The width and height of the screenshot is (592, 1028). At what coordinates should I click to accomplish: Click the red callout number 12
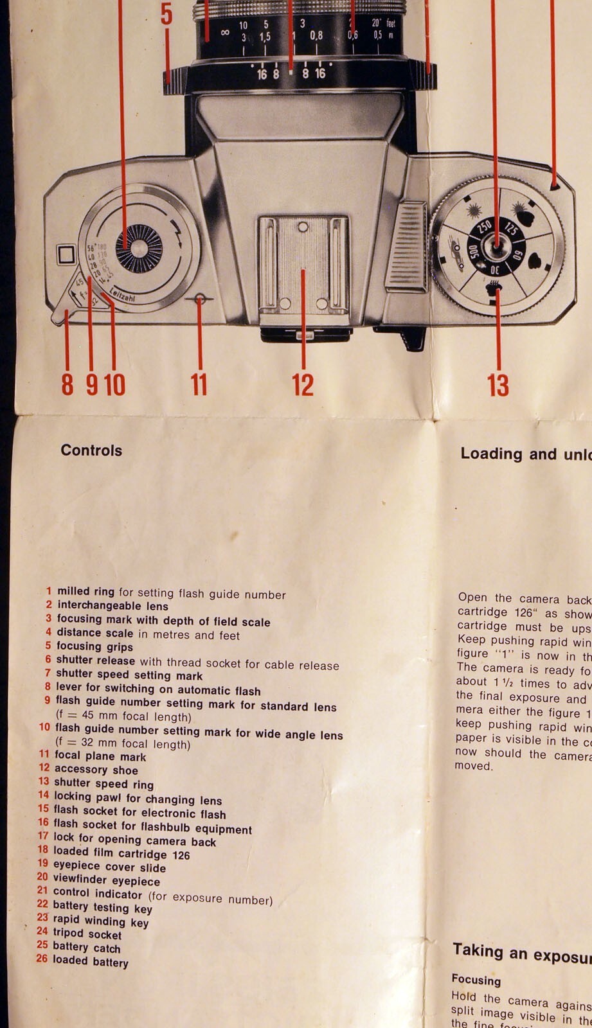tap(303, 384)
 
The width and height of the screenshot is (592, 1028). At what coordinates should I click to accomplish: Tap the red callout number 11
tap(199, 384)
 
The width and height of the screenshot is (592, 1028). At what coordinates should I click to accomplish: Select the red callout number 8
tap(67, 384)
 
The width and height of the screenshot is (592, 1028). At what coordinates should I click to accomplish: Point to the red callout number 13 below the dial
tap(498, 385)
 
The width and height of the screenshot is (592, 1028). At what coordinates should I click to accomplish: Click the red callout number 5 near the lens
tap(166, 14)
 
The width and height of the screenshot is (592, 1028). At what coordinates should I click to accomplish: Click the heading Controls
tap(91, 450)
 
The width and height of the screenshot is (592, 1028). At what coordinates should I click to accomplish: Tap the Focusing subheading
tap(476, 980)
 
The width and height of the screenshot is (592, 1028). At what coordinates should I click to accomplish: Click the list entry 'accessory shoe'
tap(96, 770)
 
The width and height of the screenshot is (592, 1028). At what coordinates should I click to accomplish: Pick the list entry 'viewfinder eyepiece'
tap(107, 880)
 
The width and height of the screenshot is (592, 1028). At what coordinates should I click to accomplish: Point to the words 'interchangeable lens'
tap(113, 605)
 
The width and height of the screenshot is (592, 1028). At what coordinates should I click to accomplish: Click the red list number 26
tap(42, 959)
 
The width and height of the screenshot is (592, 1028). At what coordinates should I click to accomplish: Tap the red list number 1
tap(49, 590)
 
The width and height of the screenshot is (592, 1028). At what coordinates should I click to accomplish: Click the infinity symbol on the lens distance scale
tap(225, 31)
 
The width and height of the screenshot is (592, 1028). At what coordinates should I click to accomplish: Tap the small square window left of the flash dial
tap(66, 255)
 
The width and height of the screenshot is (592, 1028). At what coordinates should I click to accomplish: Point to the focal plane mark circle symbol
tap(199, 299)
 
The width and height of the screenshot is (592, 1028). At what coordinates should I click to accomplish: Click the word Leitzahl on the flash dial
tap(122, 294)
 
